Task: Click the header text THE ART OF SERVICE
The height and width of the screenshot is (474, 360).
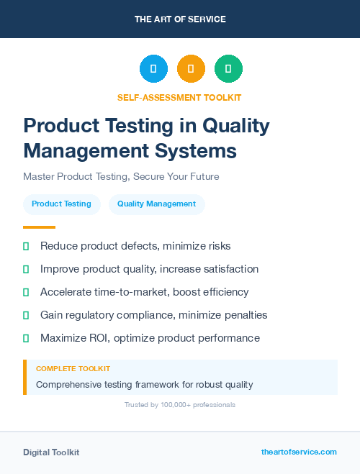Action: click(180, 19)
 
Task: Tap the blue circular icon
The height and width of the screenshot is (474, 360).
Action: click(153, 69)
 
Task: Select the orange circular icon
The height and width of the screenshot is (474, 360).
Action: click(191, 69)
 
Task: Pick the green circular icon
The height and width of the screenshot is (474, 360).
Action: click(228, 69)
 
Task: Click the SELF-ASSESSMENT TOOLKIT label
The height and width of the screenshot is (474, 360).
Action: click(180, 97)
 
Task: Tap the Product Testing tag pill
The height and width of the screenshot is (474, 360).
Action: click(61, 204)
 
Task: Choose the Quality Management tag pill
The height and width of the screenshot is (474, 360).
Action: click(156, 204)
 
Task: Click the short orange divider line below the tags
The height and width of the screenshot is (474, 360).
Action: click(39, 227)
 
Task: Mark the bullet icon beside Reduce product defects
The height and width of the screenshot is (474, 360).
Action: click(26, 246)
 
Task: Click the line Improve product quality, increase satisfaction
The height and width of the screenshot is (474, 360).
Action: click(149, 269)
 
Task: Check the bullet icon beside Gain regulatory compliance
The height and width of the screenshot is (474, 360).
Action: click(26, 315)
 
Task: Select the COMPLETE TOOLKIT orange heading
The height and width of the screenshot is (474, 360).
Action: click(73, 369)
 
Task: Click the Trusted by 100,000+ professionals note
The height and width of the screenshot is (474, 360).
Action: click(180, 405)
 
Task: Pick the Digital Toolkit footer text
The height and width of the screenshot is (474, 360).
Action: click(51, 452)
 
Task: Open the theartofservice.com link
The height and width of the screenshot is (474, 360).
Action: click(299, 452)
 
